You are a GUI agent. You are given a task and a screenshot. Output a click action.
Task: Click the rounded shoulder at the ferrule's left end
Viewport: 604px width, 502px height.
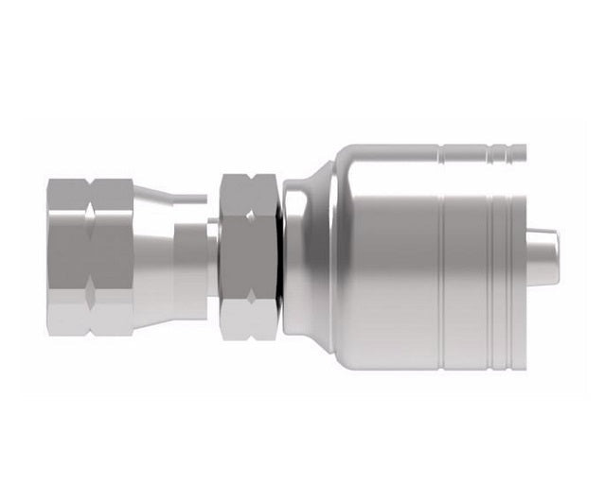click(x=308, y=257)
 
